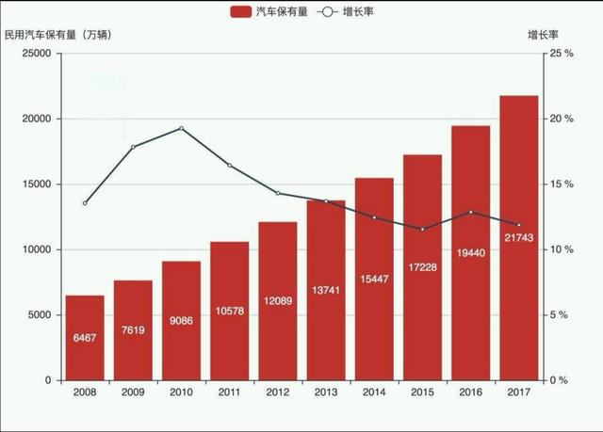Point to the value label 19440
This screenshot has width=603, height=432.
coord(471,252)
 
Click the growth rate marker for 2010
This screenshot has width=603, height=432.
coord(181,128)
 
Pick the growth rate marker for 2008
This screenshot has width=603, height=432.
coord(85,203)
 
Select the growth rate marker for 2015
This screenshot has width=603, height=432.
coord(423,229)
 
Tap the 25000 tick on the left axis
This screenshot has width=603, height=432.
coord(37,54)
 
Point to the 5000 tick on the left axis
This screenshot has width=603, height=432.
coord(40,315)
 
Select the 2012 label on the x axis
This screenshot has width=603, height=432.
coord(277,393)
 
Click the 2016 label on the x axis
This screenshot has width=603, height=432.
coord(471,393)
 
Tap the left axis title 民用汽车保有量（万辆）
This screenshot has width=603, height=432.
coord(57,35)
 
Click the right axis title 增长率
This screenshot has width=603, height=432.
coord(544,35)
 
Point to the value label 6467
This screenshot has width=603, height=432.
coord(85,337)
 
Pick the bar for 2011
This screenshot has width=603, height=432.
coord(229,311)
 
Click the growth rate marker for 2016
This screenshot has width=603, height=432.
coord(471,212)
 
